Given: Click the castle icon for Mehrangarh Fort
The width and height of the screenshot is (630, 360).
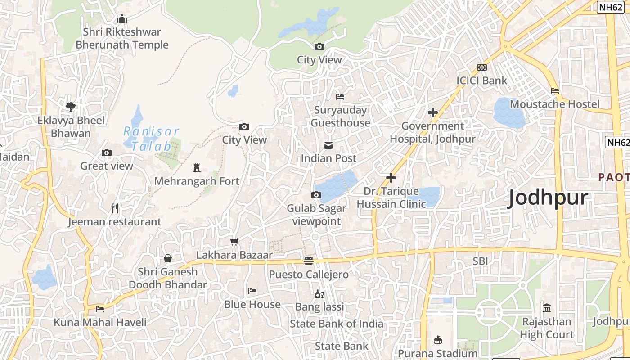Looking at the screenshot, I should [196, 168].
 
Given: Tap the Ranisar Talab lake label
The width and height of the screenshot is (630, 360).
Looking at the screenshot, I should [151, 139].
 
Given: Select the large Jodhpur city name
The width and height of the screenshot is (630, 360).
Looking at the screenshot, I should [548, 198].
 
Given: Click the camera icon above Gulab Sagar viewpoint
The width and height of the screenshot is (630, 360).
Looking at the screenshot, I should [316, 195].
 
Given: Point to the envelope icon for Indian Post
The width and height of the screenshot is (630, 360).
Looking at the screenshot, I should [328, 145].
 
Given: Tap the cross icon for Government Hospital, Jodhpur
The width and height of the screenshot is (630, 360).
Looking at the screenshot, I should [433, 112].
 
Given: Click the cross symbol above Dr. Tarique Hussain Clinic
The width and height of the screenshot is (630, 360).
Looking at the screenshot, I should [391, 178].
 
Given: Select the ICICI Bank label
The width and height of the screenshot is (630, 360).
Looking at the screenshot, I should [481, 81].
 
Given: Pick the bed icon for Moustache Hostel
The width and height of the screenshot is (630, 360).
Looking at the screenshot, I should [555, 91].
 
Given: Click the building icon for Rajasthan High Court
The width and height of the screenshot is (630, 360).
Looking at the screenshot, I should [547, 308].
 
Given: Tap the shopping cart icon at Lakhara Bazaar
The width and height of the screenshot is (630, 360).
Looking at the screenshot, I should [234, 242].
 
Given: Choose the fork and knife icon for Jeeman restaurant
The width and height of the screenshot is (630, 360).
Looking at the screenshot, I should [115, 208].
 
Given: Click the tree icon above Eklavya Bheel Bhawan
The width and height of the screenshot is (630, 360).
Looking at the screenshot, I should [71, 107].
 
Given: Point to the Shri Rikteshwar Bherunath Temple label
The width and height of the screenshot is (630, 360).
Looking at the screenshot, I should [122, 38].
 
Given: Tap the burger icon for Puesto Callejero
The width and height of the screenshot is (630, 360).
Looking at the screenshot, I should [308, 261].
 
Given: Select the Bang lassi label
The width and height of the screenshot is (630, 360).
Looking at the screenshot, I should [319, 307].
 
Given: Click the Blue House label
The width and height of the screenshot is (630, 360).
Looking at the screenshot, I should [252, 305].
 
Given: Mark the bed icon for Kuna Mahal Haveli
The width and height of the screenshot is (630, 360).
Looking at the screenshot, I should [100, 309].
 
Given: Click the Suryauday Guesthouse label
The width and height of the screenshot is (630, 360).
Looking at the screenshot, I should [341, 117].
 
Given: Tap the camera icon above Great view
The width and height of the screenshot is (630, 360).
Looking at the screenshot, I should [107, 153].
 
